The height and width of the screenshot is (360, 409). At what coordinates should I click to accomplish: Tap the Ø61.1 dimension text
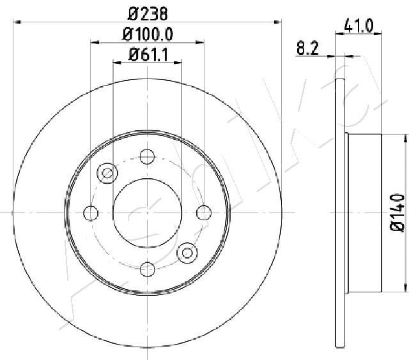(x=148, y=55)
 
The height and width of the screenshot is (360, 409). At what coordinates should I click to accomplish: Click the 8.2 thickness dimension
(x=307, y=47)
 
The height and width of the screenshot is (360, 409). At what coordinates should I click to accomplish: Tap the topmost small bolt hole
(x=147, y=155)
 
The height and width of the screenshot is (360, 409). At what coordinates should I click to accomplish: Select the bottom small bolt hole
(x=147, y=269)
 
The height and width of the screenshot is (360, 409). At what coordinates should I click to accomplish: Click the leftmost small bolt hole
(x=91, y=212)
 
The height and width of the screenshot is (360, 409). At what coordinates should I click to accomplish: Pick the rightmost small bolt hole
(x=204, y=212)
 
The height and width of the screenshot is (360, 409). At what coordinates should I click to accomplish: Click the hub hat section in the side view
(x=364, y=212)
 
